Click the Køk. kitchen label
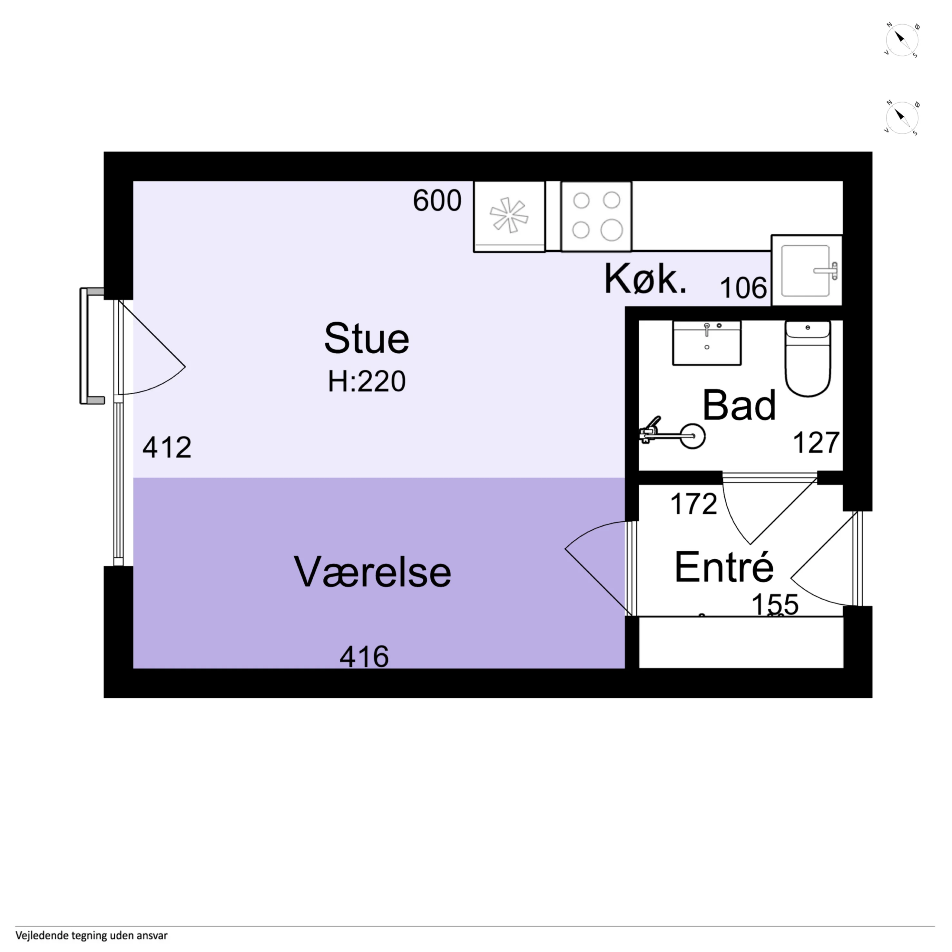pos(645,279)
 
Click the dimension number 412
pos(167,447)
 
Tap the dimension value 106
pos(743,288)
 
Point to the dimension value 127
pos(816,443)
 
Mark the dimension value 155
pos(775,604)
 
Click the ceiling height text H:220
pos(367,381)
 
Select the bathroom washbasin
pos(707,343)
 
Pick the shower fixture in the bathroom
pos(672,432)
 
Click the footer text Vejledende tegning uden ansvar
pos(92,935)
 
